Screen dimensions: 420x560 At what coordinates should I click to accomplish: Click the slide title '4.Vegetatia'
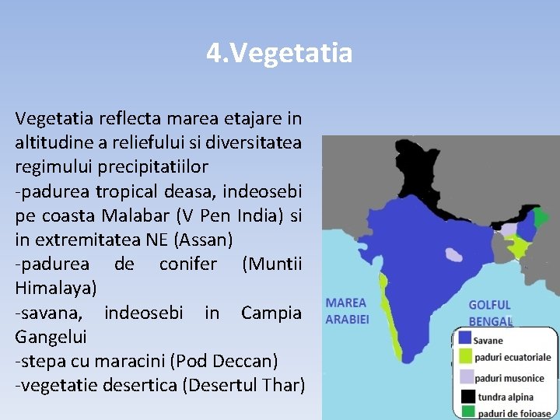pos(279,54)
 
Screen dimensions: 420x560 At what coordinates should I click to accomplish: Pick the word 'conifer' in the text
pos(188,264)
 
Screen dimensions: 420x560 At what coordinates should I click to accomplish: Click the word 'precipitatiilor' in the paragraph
pos(150,166)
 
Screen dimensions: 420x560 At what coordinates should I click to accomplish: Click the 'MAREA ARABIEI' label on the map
pos(346,310)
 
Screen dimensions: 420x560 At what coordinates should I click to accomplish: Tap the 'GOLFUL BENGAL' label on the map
pos(490,313)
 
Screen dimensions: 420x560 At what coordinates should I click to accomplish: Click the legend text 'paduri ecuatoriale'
pos(514,358)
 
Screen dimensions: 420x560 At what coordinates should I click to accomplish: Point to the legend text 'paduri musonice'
pos(509,376)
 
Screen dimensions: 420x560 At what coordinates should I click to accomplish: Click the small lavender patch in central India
pos(453,254)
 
